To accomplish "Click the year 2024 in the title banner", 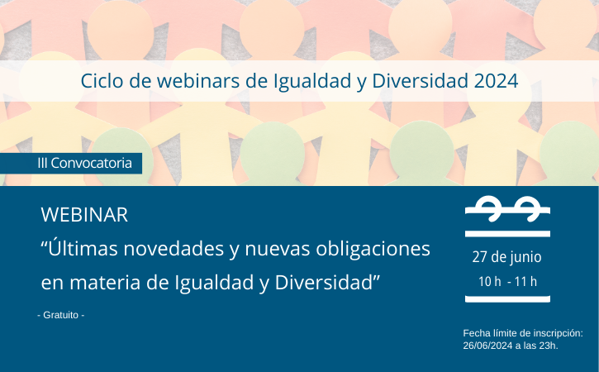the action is tap(496, 81).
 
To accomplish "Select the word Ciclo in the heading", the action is tap(102, 81).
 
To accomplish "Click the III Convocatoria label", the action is tap(84, 163).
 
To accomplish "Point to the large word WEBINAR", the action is tap(84, 214).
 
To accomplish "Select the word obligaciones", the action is tap(373, 250).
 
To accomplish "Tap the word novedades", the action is tap(174, 249).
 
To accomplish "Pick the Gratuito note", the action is tap(61, 315).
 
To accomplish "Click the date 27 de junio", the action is tap(507, 257).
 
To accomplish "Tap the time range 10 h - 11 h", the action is tap(507, 282).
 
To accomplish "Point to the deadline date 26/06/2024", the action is tap(487, 346).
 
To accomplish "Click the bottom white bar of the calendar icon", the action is tap(507, 299).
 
